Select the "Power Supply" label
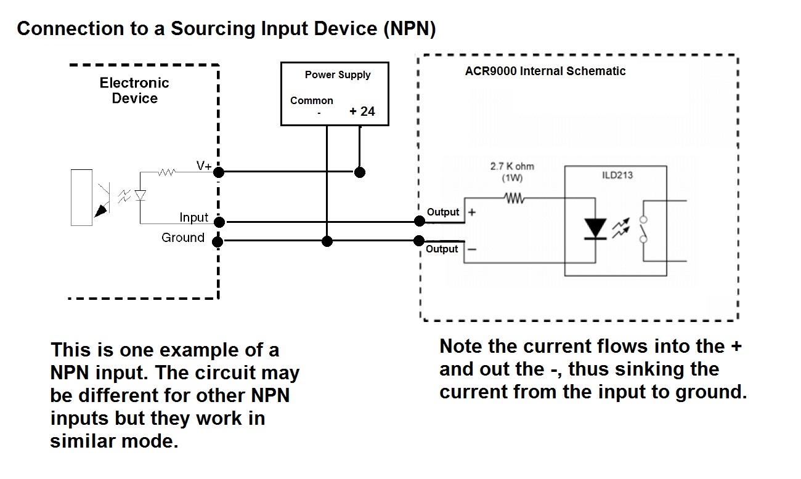pyautogui.click(x=338, y=74)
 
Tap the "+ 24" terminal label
pyautogui.click(x=362, y=111)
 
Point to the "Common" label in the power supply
pyautogui.click(x=312, y=100)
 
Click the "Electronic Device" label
pyautogui.click(x=134, y=91)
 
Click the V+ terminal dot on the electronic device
pyautogui.click(x=218, y=172)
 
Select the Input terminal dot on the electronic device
pyautogui.click(x=218, y=222)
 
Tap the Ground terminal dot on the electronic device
pyautogui.click(x=218, y=241)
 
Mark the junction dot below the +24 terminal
pyautogui.click(x=360, y=172)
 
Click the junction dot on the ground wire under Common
pyautogui.click(x=328, y=241)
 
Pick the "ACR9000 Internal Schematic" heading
pyautogui.click(x=545, y=71)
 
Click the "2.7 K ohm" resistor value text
pyautogui.click(x=512, y=167)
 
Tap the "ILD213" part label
pyautogui.click(x=617, y=175)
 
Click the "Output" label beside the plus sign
pyautogui.click(x=442, y=212)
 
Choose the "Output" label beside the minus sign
pyautogui.click(x=442, y=249)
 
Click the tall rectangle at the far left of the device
pyautogui.click(x=81, y=196)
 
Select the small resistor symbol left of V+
pyautogui.click(x=167, y=172)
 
